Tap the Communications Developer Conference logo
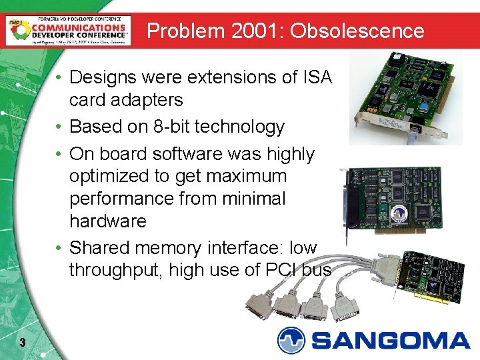tap(67, 30)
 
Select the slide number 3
tap(23, 343)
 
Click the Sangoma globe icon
tap(291, 340)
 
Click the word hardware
tap(108, 221)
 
